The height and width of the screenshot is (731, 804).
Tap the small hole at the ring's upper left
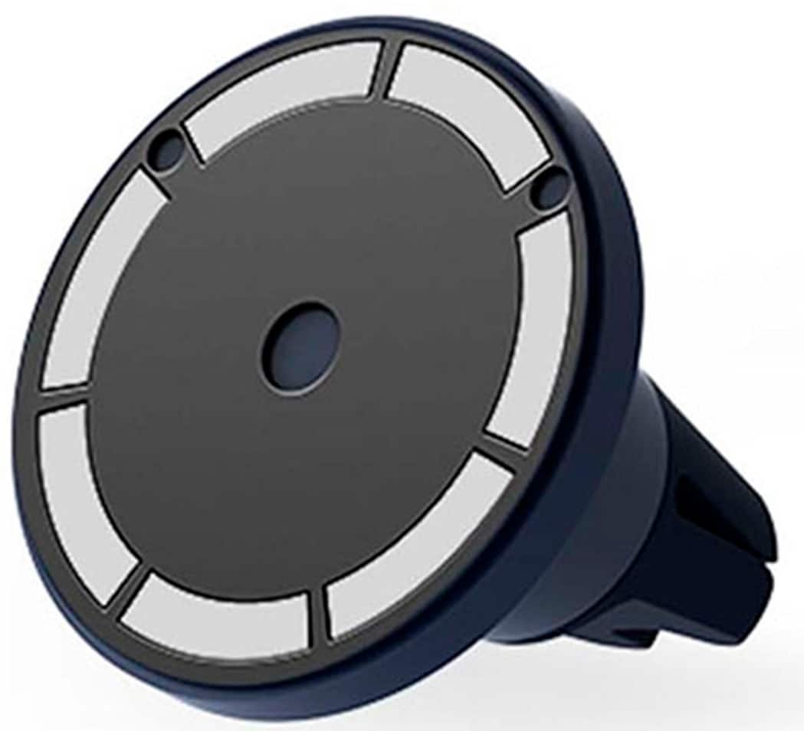click(166, 146)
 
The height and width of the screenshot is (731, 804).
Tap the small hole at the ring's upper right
click(549, 188)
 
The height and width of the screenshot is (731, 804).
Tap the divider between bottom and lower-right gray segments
click(318, 613)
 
